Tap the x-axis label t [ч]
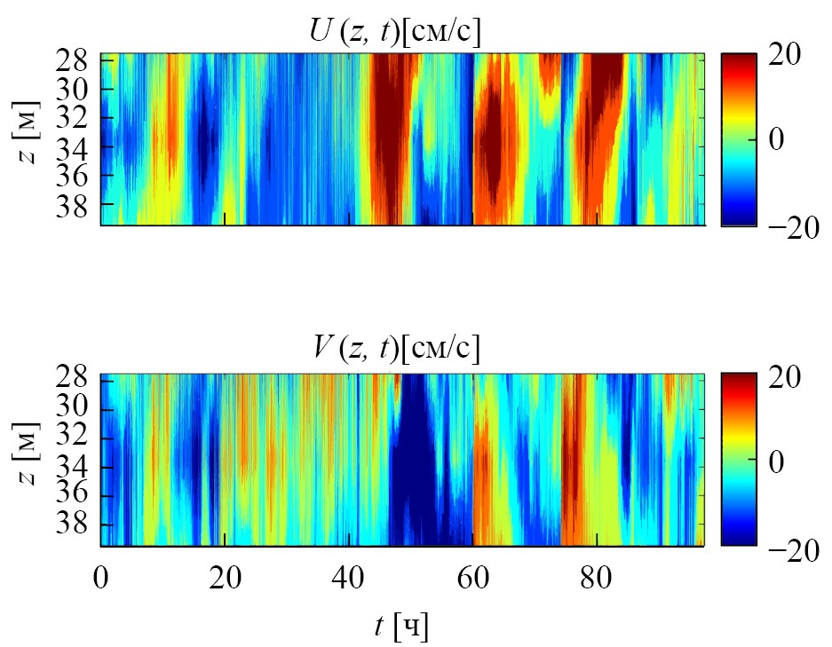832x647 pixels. click(400, 627)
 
